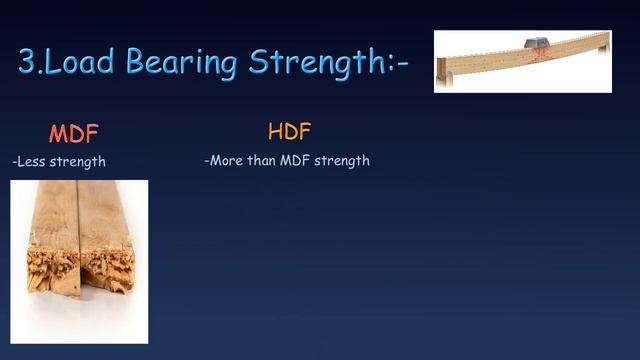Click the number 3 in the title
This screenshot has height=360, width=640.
pos(28,62)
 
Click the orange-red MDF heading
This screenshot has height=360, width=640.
pos(74,134)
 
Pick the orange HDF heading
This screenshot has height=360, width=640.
pos(289,132)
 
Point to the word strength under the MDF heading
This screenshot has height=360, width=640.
pos(80,161)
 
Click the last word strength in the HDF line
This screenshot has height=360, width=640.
pos(342,160)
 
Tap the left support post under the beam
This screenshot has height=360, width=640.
pos(447,75)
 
